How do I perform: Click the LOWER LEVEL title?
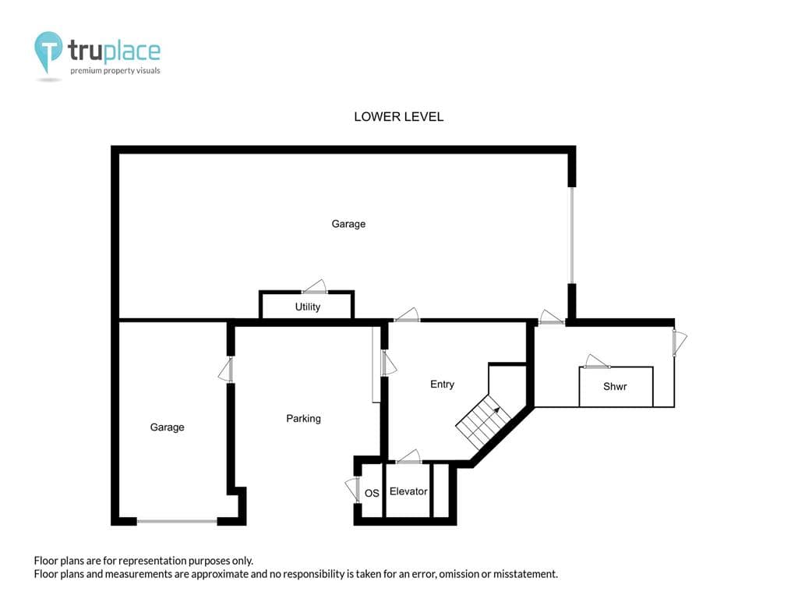pos(398,117)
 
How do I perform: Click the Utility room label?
pos(307,307)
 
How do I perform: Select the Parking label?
pos(303,418)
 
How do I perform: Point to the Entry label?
pos(442,384)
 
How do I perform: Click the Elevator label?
pos(408,491)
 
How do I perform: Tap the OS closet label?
pos(372,493)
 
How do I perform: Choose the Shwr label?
pos(615,386)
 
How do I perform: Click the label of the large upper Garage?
pos(348,224)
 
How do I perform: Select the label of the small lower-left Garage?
pos(167,427)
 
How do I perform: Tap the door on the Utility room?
pos(315,287)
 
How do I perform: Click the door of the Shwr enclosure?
pos(596,361)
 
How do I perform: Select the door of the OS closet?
pos(352,490)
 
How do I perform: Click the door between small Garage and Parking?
pos(226,370)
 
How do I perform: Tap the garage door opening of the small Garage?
pos(177,521)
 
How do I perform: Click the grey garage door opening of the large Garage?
pos(571,235)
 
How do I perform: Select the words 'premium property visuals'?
pos(115,71)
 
